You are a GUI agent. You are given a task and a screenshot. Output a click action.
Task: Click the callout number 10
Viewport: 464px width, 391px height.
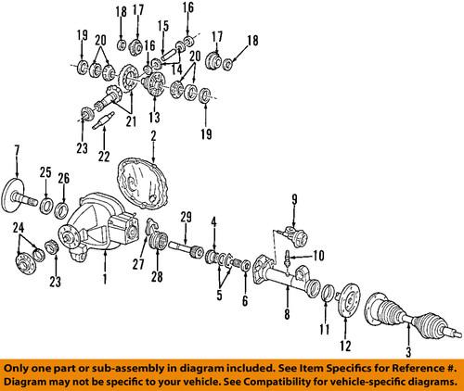[x=320, y=255]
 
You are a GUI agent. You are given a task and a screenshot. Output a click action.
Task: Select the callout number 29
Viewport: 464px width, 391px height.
[x=186, y=217]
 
